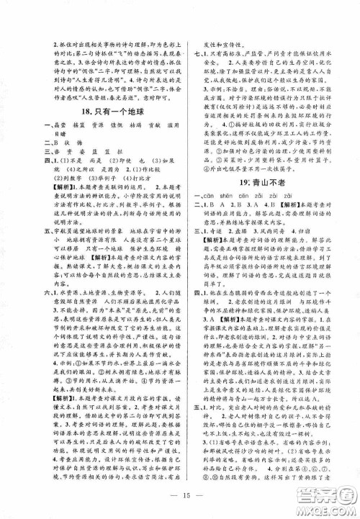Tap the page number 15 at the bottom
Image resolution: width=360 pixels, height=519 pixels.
(181, 499)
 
